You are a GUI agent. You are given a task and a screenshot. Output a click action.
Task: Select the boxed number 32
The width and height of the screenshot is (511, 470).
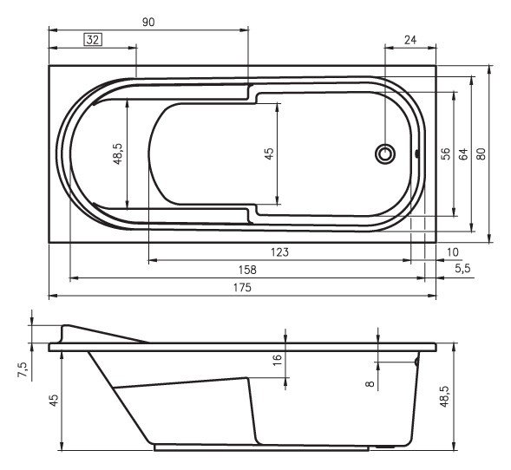click(x=94, y=38)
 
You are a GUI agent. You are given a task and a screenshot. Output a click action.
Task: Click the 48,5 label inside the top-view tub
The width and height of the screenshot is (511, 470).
click(x=117, y=154)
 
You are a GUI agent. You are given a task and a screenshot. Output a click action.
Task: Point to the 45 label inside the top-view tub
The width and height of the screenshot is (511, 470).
click(x=269, y=153)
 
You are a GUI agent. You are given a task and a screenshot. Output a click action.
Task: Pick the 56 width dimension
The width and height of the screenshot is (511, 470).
click(x=444, y=154)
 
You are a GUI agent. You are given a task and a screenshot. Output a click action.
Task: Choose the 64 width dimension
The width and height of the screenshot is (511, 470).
click(x=463, y=154)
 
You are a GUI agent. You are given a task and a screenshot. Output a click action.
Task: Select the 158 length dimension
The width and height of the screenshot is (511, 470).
click(x=247, y=270)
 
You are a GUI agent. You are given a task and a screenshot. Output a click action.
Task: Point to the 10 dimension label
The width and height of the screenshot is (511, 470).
click(x=453, y=251)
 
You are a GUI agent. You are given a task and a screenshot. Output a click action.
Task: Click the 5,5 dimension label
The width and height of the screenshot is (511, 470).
click(x=462, y=270)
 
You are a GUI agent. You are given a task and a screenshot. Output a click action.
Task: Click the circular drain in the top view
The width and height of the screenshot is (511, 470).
click(x=384, y=154)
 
